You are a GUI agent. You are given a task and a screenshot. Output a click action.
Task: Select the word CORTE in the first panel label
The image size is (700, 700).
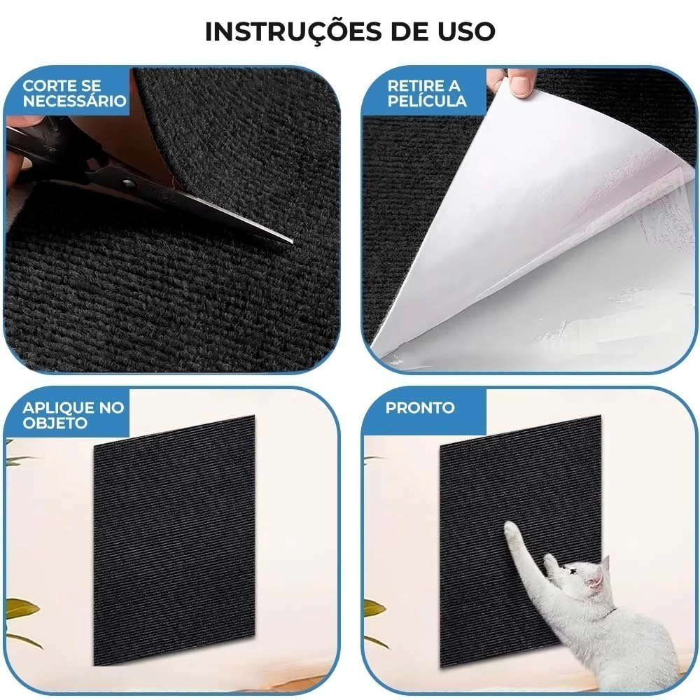point(48,85)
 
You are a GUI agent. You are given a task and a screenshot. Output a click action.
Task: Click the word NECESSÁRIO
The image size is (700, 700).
point(75,100)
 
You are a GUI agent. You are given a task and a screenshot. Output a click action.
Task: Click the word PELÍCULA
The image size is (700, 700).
point(427,100)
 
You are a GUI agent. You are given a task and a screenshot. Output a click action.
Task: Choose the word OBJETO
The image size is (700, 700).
point(55,422)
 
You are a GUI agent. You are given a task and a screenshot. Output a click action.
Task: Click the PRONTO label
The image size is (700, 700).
point(420,407)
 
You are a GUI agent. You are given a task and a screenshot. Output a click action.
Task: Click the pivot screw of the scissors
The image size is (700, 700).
point(129,183)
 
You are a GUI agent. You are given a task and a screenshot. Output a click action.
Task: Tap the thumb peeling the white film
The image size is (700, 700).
point(519,83)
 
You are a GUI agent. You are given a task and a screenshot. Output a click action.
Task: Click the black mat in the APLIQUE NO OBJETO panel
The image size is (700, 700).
point(174,540)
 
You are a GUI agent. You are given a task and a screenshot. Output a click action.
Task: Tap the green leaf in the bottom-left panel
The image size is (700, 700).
point(20,610)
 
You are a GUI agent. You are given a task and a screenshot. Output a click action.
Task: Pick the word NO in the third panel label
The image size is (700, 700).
point(111,407)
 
